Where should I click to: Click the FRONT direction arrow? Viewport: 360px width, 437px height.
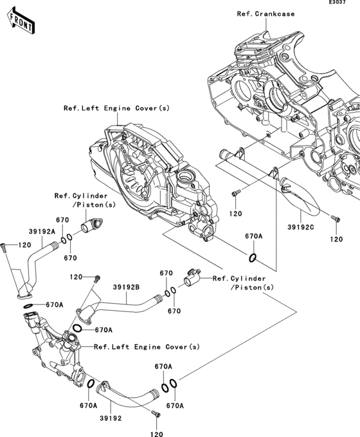pos(21,21)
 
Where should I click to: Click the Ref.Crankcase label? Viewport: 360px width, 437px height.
pos(265,14)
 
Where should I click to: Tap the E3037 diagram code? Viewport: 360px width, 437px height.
pos(337,2)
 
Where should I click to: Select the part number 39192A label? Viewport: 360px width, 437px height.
pos(42,232)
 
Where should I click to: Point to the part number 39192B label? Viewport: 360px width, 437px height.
pos(126,287)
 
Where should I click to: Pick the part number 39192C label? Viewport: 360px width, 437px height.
pos(301,227)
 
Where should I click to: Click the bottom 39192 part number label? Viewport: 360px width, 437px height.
pos(111,418)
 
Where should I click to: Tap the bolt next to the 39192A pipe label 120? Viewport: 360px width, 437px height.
pos(4,248)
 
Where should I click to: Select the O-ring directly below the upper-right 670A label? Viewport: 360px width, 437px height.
pos(252,258)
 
